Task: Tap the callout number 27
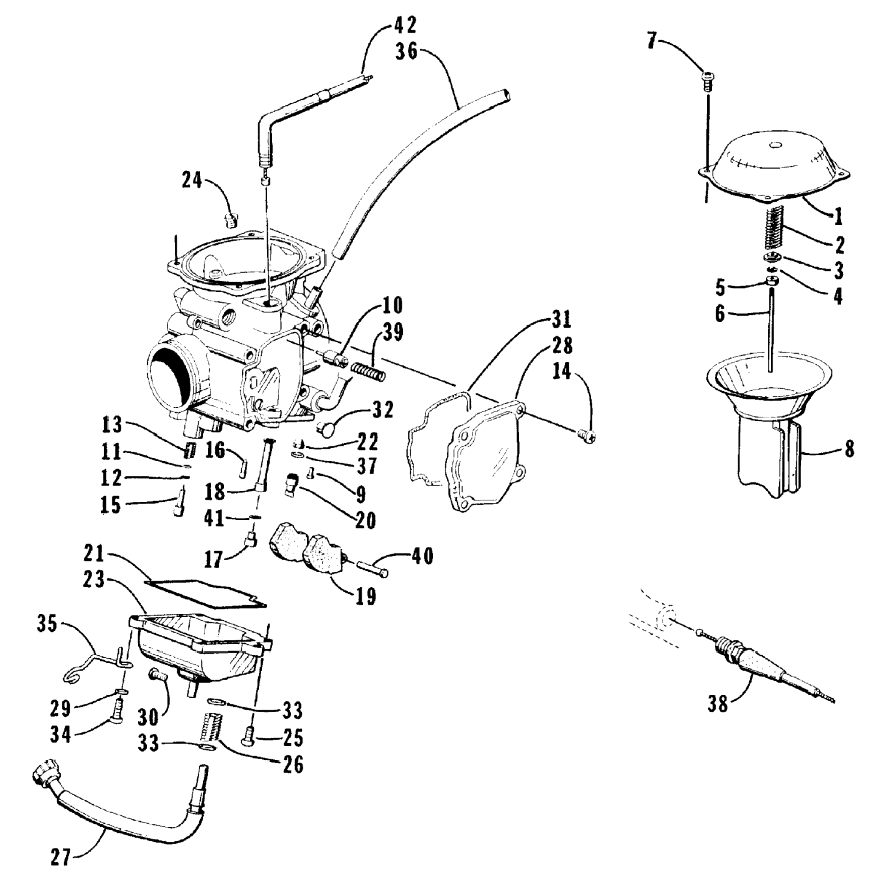click(61, 857)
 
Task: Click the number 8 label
click(848, 450)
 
